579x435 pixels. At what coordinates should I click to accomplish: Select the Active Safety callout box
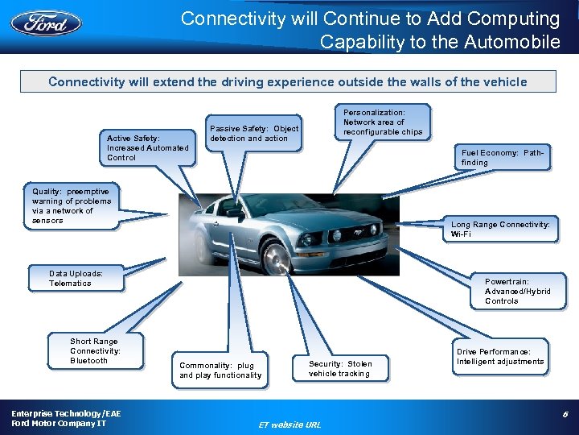pyautogui.click(x=147, y=147)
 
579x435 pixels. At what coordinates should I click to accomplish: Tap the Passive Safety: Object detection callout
pyautogui.click(x=254, y=133)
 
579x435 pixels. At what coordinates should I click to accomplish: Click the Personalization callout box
pyautogui.click(x=382, y=122)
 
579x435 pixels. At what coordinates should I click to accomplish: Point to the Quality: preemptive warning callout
pyautogui.click(x=72, y=206)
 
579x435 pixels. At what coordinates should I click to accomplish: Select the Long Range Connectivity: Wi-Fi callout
pyautogui.click(x=500, y=229)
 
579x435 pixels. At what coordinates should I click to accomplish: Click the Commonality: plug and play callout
pyautogui.click(x=220, y=370)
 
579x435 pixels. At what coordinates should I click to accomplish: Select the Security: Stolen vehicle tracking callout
pyautogui.click(x=340, y=368)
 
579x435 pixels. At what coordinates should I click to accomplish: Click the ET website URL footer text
pyautogui.click(x=289, y=425)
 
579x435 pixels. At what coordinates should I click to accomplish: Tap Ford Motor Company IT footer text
pyautogui.click(x=58, y=424)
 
